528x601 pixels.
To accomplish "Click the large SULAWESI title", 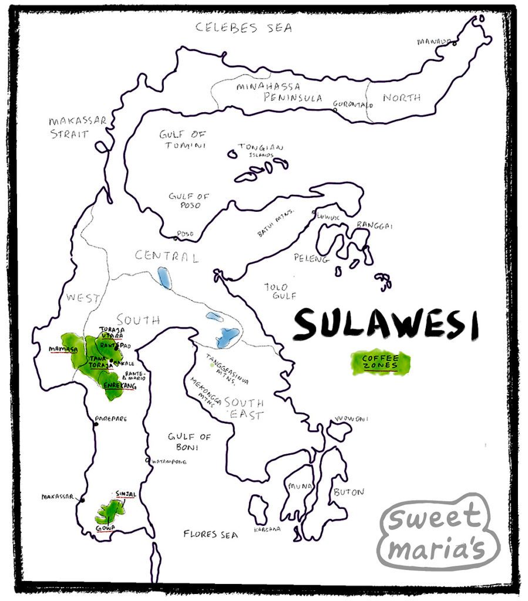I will (x=386, y=325).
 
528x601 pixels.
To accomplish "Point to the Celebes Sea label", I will (x=244, y=27).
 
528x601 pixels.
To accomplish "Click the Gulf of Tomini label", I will (x=183, y=140).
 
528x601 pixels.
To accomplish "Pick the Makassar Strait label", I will (x=78, y=127).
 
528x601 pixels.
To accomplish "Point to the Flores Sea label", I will (x=210, y=535).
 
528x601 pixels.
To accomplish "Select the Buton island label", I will (x=348, y=492).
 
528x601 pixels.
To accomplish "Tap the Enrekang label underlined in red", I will (x=119, y=386).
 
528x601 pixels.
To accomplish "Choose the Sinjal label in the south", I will (x=126, y=494).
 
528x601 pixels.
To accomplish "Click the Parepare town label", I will (x=111, y=419).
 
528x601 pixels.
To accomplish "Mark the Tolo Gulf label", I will (x=276, y=291).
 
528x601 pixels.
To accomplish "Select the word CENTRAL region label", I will (x=166, y=256).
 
